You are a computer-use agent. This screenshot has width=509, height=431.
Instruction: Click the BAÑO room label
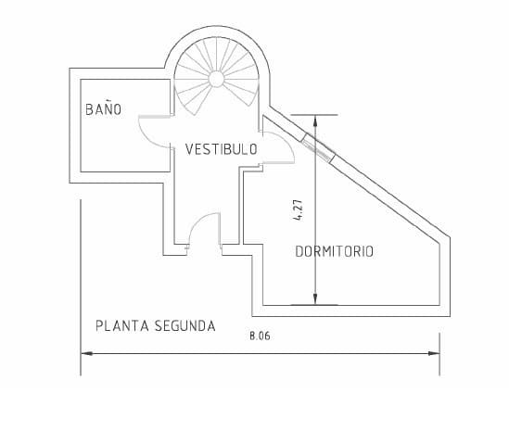point(103,109)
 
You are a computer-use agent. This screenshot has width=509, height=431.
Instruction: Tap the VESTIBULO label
point(221,148)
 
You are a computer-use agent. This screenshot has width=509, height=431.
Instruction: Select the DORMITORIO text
point(334,251)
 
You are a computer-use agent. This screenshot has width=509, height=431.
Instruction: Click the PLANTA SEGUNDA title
point(156,325)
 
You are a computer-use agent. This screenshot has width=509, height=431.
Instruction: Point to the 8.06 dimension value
point(260,336)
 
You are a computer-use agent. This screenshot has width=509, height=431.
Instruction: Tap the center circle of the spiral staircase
point(216,79)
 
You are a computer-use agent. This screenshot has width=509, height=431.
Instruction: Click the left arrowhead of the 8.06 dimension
point(86,353)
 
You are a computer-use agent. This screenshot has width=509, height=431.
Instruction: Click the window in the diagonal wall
point(318,147)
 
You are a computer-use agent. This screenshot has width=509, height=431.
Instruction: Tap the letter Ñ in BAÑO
point(105,108)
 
